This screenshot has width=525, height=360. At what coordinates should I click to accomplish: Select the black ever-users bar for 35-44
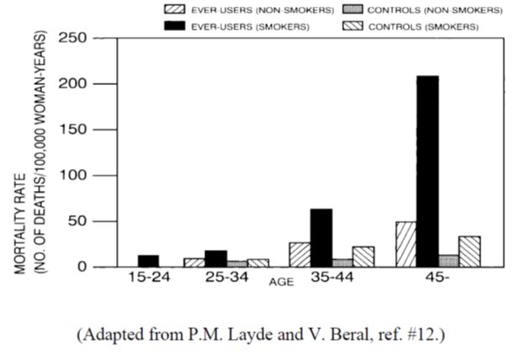pos(321,238)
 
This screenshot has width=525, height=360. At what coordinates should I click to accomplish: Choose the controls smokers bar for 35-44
pos(363,257)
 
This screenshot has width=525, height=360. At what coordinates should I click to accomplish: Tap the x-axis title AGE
pos(281,282)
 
